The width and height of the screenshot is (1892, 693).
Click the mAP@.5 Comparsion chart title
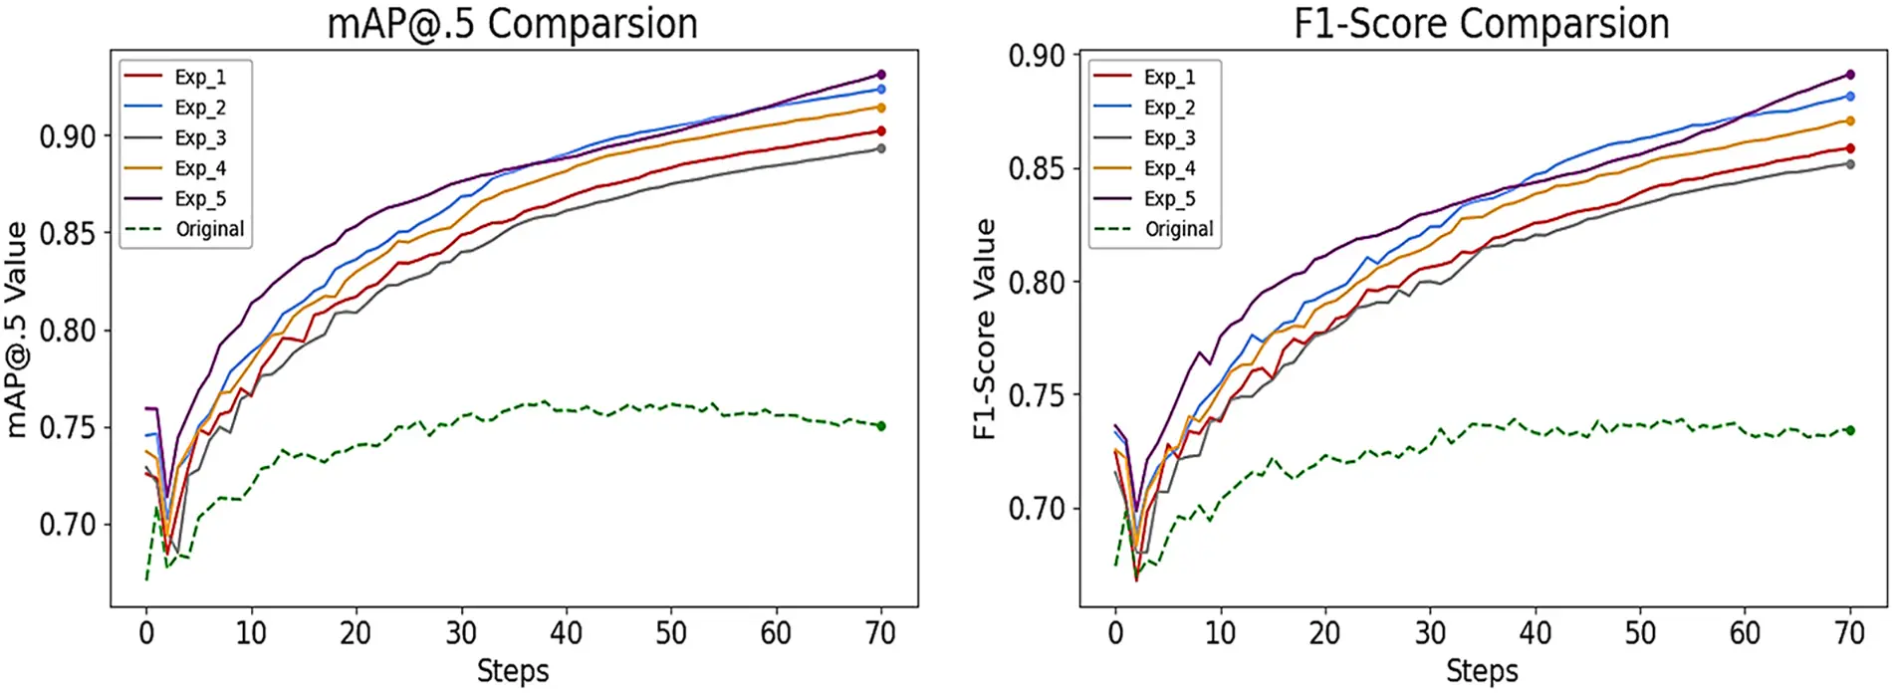(512, 24)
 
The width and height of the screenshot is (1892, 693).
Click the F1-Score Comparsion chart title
(1481, 24)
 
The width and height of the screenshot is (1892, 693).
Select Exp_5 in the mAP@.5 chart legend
(200, 198)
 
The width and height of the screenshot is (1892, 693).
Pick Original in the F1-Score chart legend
(1179, 229)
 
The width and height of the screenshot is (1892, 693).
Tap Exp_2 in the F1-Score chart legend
(1169, 107)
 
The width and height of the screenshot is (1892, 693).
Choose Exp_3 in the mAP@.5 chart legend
(200, 137)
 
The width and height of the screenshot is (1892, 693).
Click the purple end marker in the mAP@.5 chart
(881, 75)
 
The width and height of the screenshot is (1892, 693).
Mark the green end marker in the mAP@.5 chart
(881, 426)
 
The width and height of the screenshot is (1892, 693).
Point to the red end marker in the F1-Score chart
(1850, 148)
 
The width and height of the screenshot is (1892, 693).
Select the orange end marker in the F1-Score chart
(1850, 120)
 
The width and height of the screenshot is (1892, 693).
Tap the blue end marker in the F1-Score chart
(1850, 97)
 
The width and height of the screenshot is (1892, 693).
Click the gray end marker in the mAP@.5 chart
(881, 148)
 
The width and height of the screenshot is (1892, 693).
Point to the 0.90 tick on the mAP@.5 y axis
(68, 136)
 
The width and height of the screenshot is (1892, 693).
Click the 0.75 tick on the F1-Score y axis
(1037, 395)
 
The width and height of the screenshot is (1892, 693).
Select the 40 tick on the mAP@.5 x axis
(566, 633)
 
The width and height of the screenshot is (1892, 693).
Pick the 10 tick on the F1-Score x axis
(1220, 633)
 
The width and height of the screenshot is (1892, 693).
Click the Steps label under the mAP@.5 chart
(512, 671)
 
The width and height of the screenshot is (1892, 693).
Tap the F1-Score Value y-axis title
(984, 329)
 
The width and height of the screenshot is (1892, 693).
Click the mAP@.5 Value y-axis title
(16, 329)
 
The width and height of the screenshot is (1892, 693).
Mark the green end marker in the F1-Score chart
(1850, 430)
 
